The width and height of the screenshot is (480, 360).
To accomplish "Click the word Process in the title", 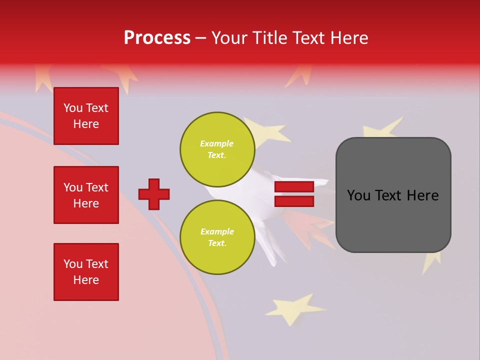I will (x=157, y=38).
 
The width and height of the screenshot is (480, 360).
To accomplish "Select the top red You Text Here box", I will (x=86, y=116).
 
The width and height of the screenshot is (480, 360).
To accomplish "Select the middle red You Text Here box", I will (x=86, y=195).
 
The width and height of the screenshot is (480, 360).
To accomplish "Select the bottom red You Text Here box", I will (x=86, y=272).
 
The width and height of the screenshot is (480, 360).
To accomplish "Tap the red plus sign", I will (x=154, y=194).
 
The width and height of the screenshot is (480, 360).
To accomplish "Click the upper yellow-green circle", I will (x=217, y=149).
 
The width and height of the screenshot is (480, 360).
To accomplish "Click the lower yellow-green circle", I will (x=217, y=237).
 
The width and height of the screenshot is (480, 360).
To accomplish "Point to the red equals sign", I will (x=294, y=194).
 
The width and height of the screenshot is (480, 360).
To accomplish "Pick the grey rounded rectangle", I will (x=393, y=194).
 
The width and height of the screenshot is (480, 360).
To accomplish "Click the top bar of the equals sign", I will (x=294, y=187).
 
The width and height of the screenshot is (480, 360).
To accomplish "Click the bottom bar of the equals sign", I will (x=294, y=201).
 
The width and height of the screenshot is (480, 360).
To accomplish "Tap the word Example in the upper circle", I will (x=217, y=143).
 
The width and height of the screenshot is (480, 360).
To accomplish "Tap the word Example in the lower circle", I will (x=217, y=231).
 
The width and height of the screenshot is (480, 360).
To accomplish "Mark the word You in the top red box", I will (x=72, y=108).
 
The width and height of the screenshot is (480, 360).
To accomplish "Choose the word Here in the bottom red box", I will (x=86, y=280).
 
